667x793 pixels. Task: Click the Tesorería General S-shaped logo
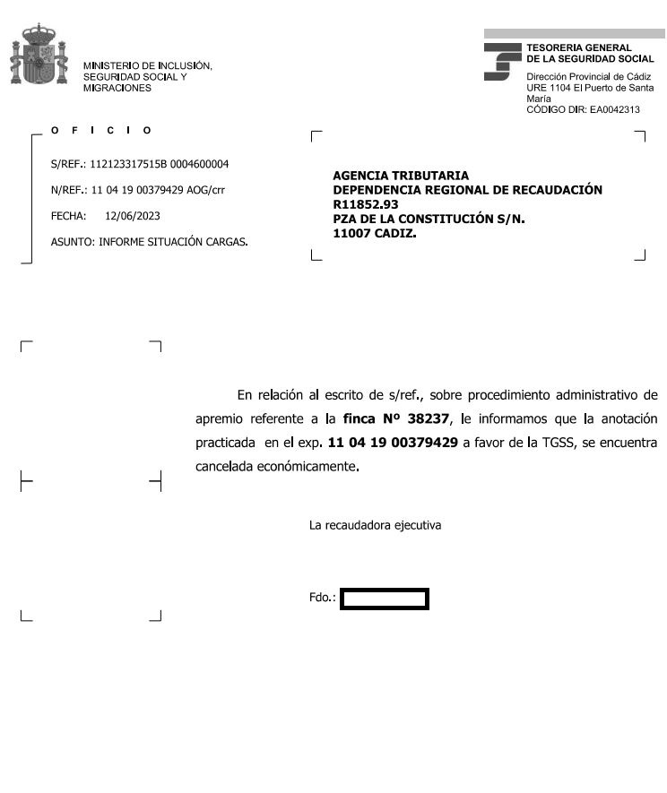[x=501, y=62]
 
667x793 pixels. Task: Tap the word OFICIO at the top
[x=101, y=131]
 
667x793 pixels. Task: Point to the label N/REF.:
[x=68, y=190]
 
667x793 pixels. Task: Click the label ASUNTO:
[x=73, y=242]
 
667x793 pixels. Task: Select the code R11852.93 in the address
[x=365, y=204]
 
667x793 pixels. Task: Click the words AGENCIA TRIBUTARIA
[x=401, y=177]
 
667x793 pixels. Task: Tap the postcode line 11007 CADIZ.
[x=375, y=233]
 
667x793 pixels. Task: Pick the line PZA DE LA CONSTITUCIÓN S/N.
[x=429, y=219]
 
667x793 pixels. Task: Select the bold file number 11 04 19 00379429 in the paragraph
[x=393, y=443]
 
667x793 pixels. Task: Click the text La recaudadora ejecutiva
[x=375, y=525]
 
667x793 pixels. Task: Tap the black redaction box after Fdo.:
[x=385, y=599]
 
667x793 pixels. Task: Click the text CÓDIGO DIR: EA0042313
[x=583, y=109]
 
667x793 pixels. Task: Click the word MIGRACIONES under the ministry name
[x=117, y=88]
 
